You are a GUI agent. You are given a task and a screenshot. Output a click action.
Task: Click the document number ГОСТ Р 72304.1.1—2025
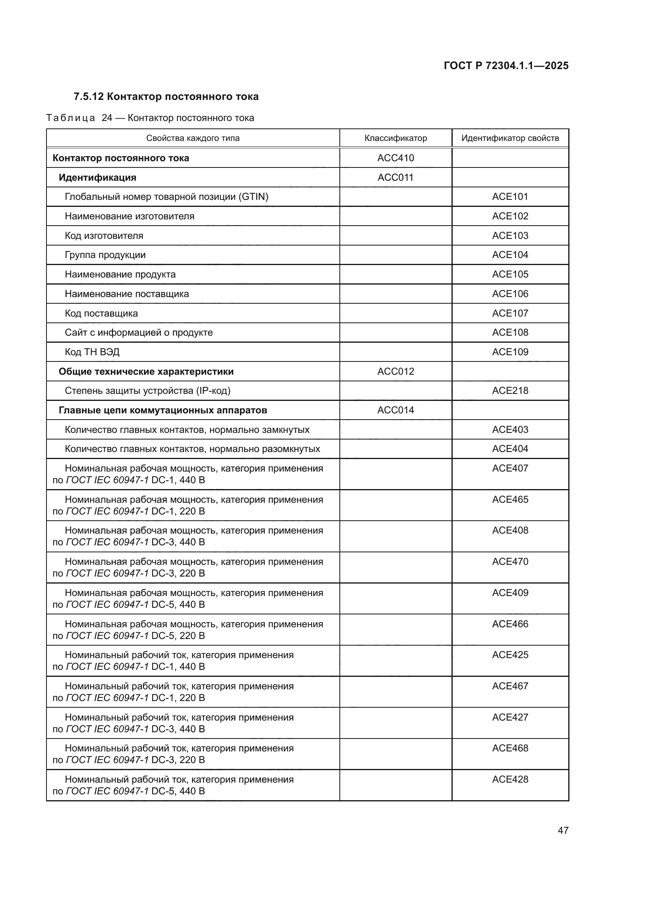click(505, 66)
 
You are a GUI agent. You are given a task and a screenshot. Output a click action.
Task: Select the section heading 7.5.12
click(166, 97)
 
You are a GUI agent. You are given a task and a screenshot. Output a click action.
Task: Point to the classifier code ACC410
click(395, 158)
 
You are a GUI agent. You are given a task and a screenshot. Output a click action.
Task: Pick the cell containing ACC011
click(395, 177)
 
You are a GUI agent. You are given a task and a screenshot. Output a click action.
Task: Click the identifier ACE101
click(510, 196)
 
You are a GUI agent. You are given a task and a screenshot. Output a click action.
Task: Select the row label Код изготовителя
click(104, 235)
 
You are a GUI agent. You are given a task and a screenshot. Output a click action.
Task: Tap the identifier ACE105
click(510, 274)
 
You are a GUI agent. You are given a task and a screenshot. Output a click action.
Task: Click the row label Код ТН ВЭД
click(92, 352)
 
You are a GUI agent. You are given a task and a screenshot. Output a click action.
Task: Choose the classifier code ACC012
click(395, 371)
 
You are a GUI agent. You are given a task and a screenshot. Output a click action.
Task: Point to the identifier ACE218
click(510, 390)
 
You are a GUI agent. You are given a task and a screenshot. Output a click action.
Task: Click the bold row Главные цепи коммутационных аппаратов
click(163, 410)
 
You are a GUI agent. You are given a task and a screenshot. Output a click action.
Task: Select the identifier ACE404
click(510, 448)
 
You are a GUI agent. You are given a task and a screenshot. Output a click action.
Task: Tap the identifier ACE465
click(510, 500)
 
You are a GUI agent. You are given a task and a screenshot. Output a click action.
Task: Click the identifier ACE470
click(510, 561)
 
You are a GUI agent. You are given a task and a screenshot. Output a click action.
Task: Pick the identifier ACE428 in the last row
click(510, 780)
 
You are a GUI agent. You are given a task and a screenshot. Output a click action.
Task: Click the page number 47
click(563, 830)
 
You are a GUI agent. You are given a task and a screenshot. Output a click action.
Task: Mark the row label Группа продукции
click(105, 255)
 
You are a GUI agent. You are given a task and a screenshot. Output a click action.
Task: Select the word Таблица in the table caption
click(70, 118)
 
